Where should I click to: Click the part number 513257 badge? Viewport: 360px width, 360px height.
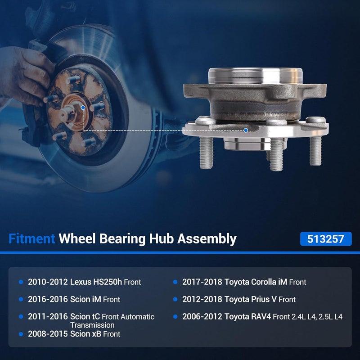[x=325, y=239]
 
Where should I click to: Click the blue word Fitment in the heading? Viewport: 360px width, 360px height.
[x=31, y=238]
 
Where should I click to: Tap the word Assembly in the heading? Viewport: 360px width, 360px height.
[x=207, y=239]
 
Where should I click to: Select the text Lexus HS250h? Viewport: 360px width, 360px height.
[x=96, y=282]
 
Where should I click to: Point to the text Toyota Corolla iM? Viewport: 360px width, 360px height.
[x=256, y=282]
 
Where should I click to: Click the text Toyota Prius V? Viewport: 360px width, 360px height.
[x=250, y=299]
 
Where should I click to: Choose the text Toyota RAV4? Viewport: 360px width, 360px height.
[x=248, y=317]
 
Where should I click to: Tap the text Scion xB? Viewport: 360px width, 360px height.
[x=85, y=334]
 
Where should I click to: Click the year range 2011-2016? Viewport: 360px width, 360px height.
[x=48, y=317]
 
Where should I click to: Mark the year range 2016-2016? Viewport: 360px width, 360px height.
[x=48, y=299]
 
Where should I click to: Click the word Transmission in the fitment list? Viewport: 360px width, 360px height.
[x=92, y=325]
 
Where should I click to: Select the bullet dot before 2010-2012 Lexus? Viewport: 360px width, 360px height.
[x=21, y=282]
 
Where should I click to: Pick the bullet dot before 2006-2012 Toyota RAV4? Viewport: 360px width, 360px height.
[x=175, y=317]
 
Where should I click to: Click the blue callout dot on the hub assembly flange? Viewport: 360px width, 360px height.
[x=246, y=130]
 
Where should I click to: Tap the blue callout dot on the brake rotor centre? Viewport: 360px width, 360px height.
[x=83, y=108]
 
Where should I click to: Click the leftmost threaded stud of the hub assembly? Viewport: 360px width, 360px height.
[x=207, y=153]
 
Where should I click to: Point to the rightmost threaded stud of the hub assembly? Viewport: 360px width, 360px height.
[x=315, y=151]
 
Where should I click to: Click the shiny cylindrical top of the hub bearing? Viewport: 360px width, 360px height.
[x=255, y=76]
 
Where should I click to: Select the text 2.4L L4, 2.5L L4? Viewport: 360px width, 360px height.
[x=317, y=317]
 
